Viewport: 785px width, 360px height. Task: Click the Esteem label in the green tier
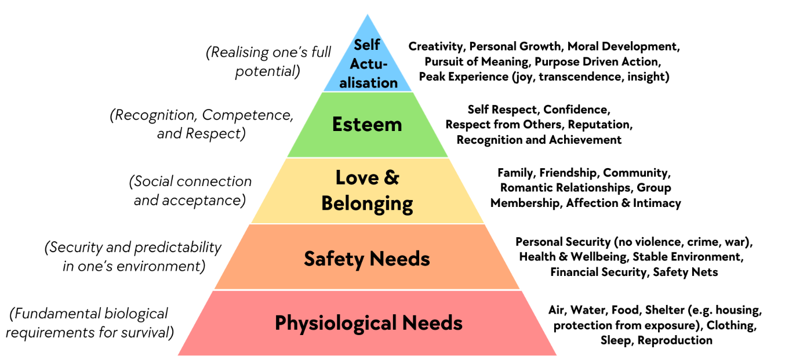[x=367, y=125]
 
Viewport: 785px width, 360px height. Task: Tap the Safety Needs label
[x=367, y=259]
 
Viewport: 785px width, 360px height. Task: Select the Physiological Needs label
[x=369, y=323]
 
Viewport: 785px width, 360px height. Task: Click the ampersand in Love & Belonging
[x=391, y=177]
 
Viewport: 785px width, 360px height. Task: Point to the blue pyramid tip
[x=367, y=14]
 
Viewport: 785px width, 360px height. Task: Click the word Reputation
[x=600, y=125]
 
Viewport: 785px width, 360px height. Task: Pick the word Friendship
[x=568, y=173]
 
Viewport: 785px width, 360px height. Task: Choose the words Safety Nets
[x=685, y=272]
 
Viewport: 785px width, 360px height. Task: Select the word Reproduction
[x=675, y=340]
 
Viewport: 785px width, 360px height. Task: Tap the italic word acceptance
[x=203, y=201]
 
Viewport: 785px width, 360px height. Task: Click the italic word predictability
[x=177, y=248]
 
